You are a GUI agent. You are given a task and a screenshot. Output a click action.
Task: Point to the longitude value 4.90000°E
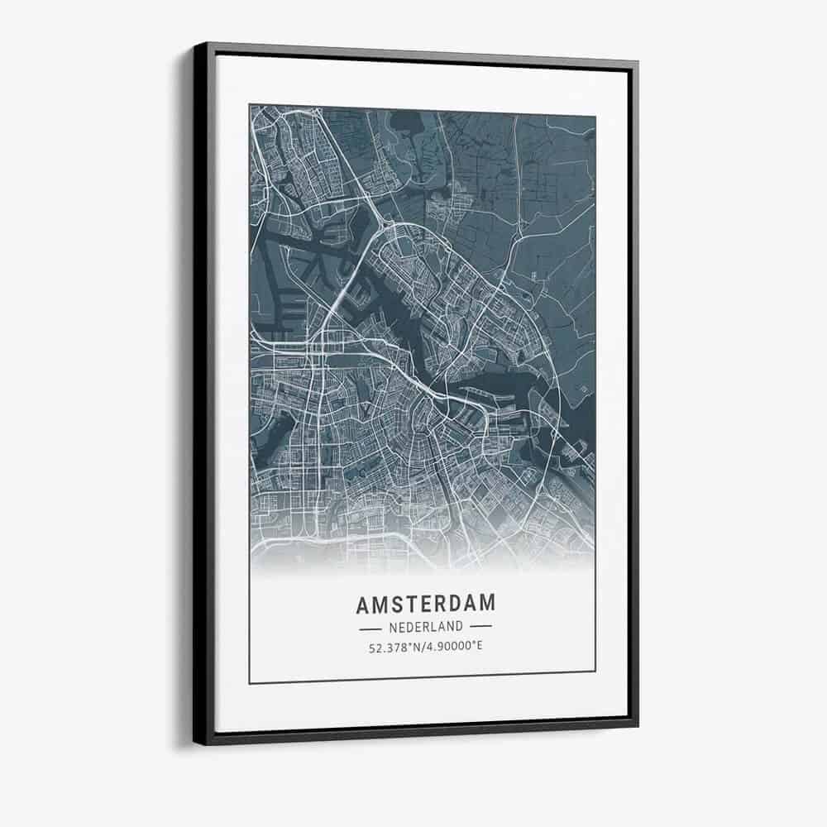(453, 645)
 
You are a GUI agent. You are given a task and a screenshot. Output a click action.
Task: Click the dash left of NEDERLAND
(370, 628)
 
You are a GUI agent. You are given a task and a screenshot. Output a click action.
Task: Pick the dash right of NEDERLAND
(480, 627)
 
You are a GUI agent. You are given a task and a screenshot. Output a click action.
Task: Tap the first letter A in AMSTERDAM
(363, 605)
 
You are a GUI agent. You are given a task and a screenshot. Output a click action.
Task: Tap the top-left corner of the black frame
(195, 44)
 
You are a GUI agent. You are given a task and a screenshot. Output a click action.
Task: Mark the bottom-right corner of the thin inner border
(595, 671)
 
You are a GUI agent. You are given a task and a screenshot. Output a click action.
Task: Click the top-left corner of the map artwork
(250, 105)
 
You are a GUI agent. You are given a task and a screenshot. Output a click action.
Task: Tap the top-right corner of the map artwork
(595, 116)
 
